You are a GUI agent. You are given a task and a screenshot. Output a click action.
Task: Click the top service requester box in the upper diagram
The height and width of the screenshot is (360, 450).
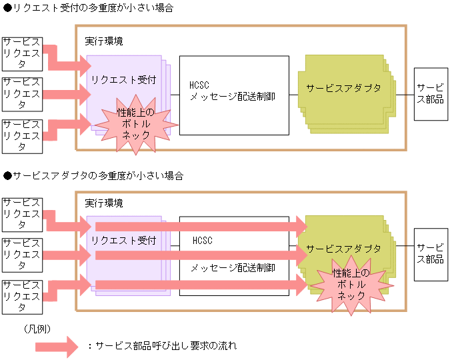point(22,53)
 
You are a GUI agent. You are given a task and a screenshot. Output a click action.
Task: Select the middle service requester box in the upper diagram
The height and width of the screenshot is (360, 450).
point(22,94)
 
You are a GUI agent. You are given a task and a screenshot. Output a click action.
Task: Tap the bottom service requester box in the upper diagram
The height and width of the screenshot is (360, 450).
point(22,135)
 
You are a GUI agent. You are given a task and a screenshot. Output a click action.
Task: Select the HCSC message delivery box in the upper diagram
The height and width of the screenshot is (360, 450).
point(233,95)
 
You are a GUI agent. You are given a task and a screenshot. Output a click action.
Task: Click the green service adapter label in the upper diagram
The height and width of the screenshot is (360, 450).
point(344,88)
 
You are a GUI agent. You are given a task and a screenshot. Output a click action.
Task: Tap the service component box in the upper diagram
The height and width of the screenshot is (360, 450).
point(430,94)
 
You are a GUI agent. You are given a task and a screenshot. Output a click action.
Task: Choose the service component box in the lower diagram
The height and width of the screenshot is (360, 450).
point(430,254)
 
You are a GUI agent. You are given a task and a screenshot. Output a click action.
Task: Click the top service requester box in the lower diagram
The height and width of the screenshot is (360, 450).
point(22,213)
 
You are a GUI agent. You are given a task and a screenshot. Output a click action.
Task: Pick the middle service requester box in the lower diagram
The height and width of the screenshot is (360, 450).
point(22,254)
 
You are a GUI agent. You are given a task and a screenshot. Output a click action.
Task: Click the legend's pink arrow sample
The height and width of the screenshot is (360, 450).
point(57,345)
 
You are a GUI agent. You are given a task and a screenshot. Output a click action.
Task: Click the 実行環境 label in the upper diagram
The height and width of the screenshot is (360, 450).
point(103,41)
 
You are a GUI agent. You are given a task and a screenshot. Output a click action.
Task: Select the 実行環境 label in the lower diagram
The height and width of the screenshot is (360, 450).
point(103,203)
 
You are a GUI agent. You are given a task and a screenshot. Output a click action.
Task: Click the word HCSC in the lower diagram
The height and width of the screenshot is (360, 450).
point(202,240)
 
